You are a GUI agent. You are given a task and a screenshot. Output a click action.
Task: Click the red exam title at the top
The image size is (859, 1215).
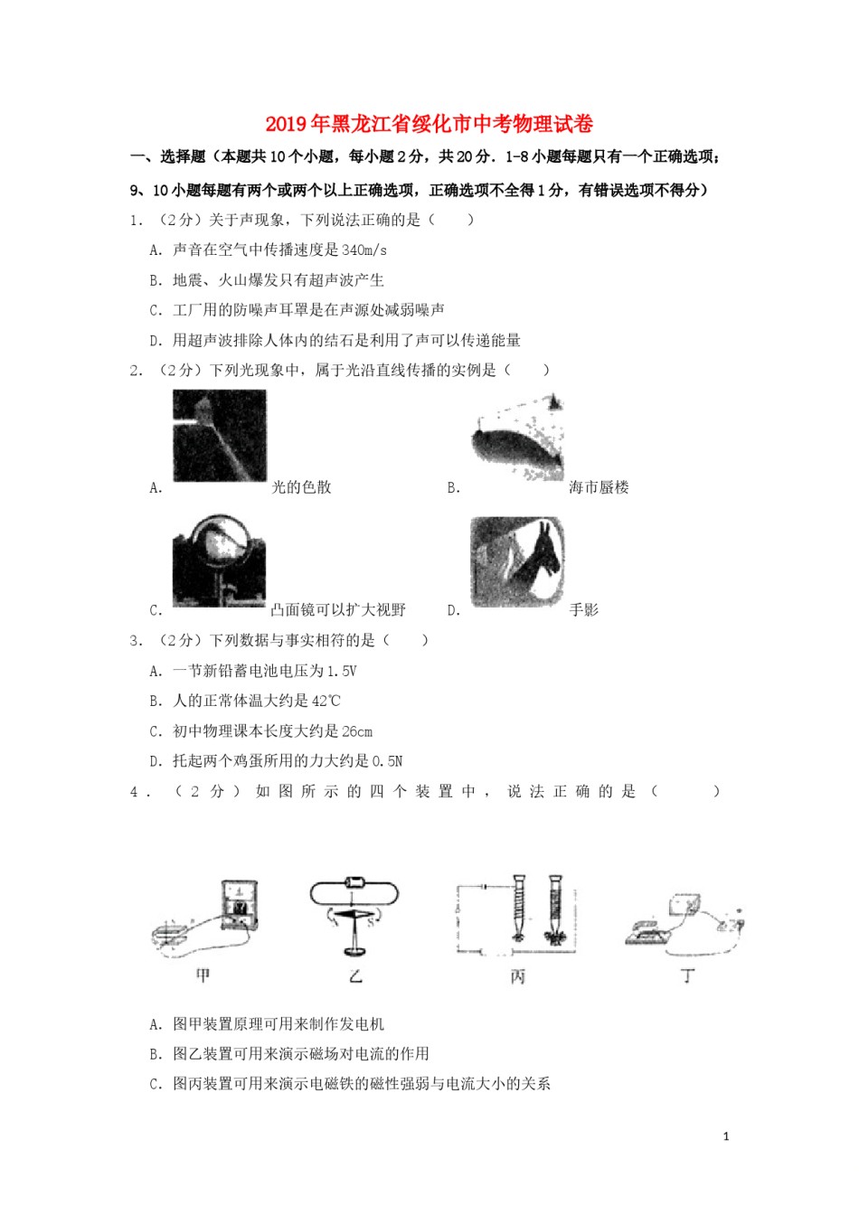[x=429, y=123]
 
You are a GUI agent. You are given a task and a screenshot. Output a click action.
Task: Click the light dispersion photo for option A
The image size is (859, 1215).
[x=220, y=435]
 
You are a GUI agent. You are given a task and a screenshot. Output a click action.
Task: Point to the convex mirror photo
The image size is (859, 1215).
[x=219, y=560]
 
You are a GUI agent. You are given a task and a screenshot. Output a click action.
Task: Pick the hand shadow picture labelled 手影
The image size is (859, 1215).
[x=517, y=561]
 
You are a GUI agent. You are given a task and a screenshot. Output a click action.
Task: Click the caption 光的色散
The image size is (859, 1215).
[x=302, y=487]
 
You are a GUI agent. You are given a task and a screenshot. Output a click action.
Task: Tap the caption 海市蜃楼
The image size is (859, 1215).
[x=599, y=487]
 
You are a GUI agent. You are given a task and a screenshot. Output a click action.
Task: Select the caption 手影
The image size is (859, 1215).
[x=584, y=610]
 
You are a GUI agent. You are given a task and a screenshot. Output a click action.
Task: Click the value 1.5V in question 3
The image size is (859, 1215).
[x=341, y=671]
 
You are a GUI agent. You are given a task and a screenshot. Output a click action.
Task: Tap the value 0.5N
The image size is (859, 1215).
[x=387, y=761]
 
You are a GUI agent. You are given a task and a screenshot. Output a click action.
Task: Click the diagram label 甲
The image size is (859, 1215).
[x=203, y=975]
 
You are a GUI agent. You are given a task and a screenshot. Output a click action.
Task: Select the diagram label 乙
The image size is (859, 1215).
[x=355, y=975]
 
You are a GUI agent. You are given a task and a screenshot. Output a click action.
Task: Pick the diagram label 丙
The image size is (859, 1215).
[x=517, y=976]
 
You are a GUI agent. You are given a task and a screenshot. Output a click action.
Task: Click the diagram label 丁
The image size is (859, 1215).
[x=688, y=975]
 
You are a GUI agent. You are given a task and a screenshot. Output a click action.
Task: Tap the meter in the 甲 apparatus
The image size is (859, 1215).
[x=240, y=904]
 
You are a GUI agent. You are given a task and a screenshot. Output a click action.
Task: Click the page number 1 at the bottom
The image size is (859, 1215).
[x=726, y=1136]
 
